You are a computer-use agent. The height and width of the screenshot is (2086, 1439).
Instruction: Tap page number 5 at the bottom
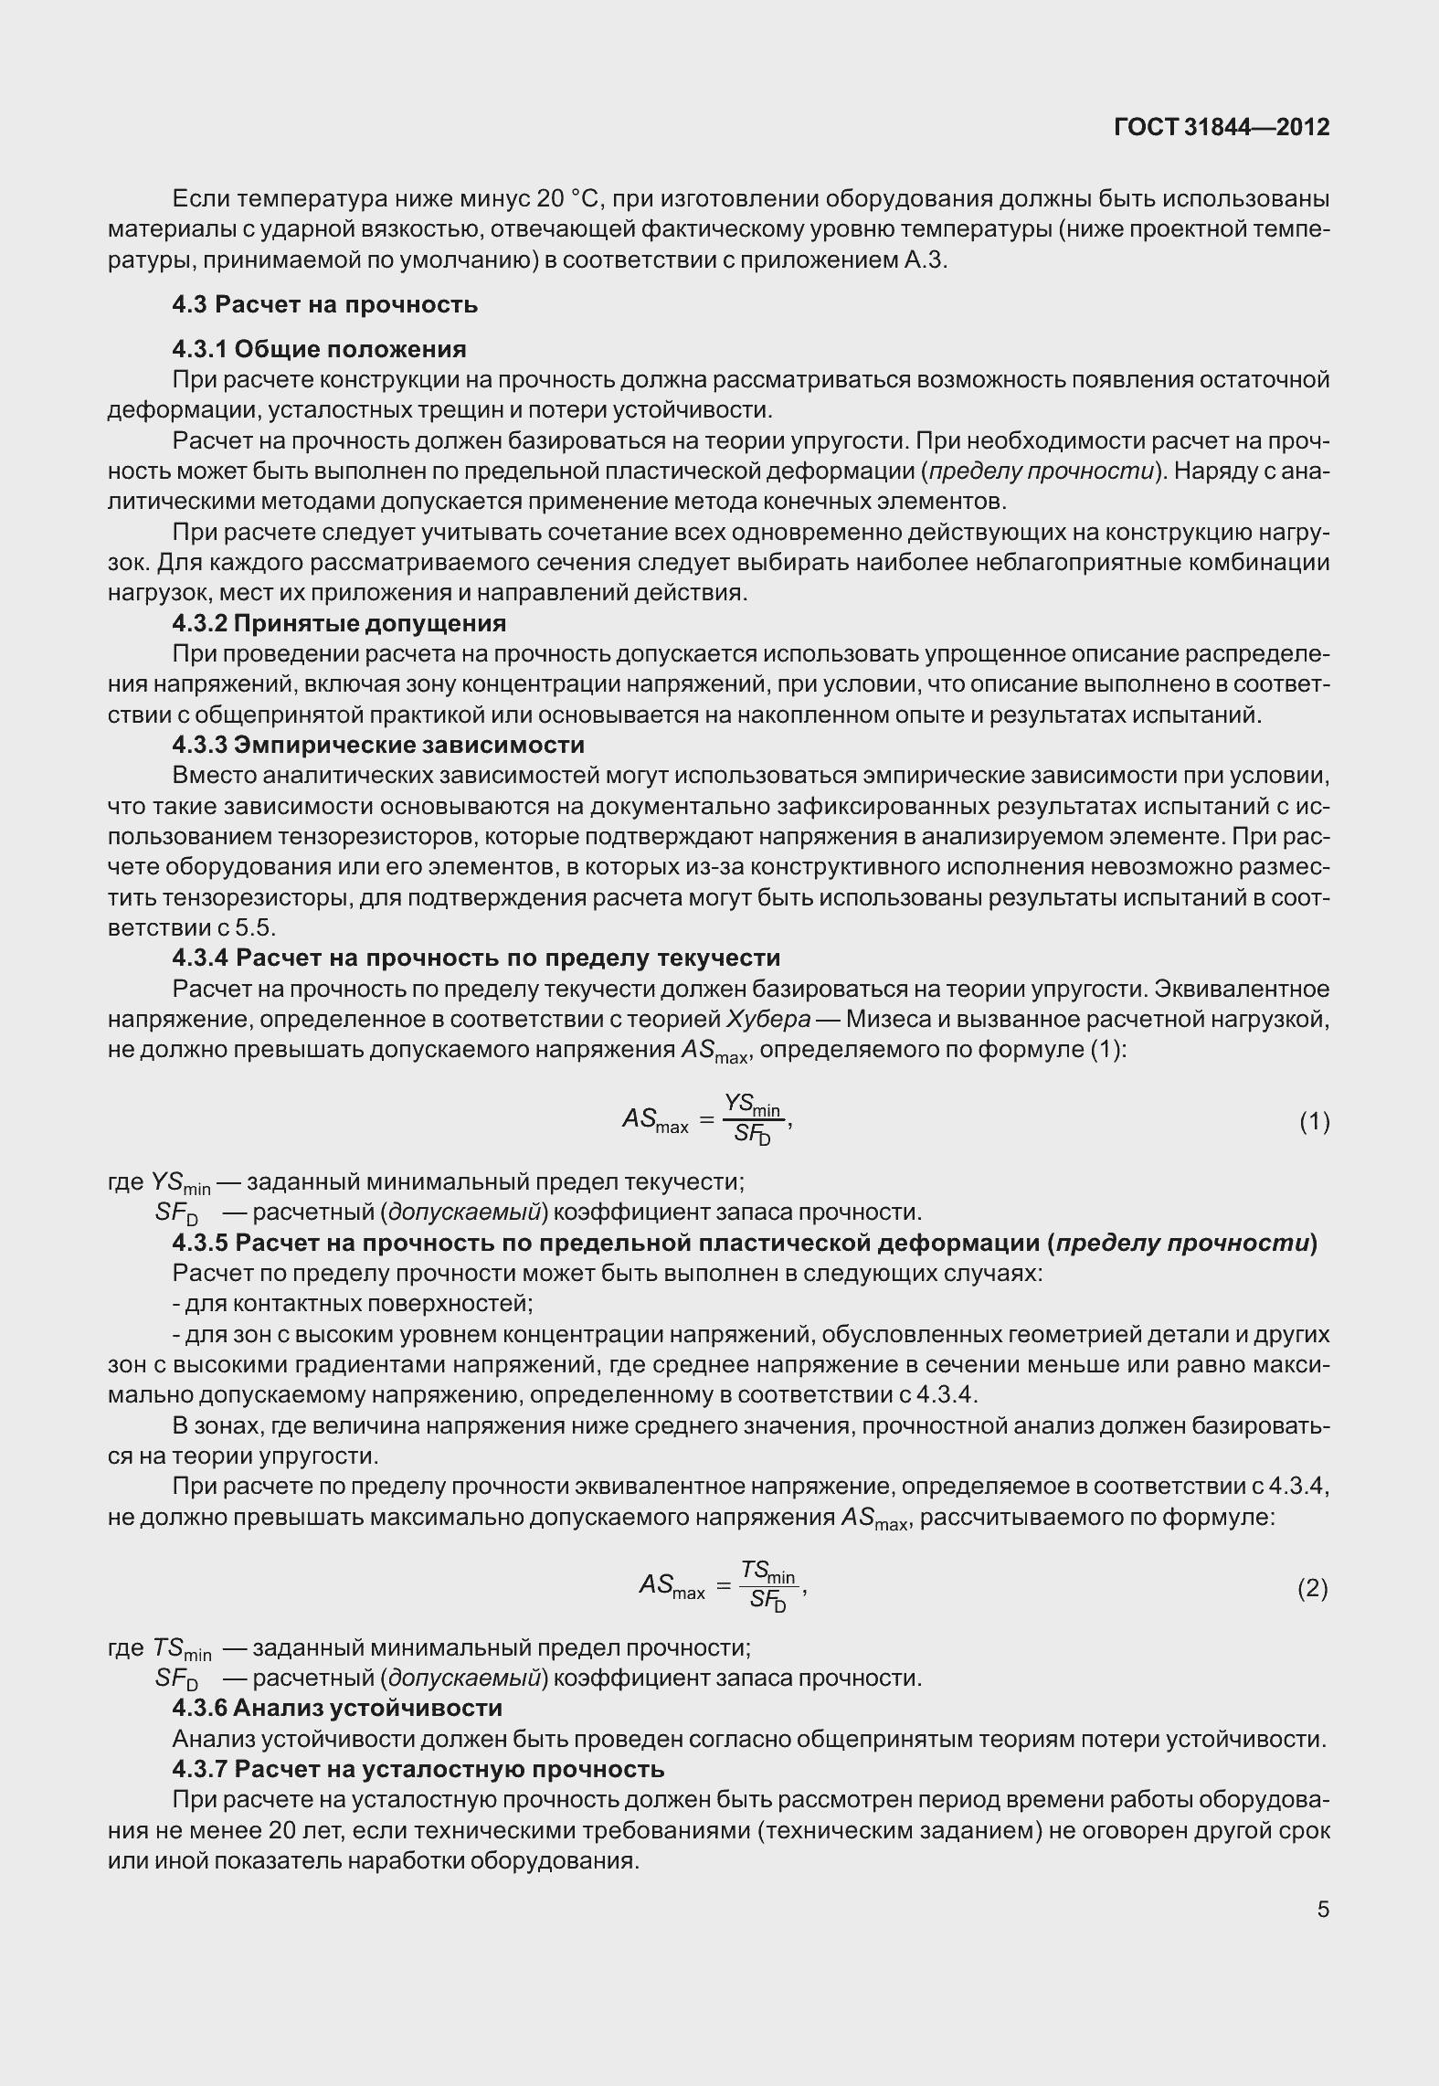(1322, 1909)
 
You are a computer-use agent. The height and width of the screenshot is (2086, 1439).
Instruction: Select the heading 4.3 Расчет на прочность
(324, 304)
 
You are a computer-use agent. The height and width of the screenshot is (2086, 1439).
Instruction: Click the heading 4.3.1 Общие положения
(319, 349)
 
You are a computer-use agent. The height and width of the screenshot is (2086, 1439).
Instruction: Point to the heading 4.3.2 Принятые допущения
(339, 623)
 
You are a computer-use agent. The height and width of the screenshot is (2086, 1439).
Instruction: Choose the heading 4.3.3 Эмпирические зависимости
(378, 745)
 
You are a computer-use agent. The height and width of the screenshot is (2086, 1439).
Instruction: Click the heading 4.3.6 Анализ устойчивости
(337, 1708)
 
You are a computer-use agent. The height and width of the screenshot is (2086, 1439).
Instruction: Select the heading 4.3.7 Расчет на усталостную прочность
(418, 1769)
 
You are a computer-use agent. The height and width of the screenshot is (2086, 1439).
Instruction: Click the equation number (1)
(1314, 1121)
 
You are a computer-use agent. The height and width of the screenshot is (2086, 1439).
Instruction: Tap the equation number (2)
(1313, 1589)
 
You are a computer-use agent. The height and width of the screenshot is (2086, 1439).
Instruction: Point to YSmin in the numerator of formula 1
(752, 1106)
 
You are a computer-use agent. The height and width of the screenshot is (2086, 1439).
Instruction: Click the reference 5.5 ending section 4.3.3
(255, 928)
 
